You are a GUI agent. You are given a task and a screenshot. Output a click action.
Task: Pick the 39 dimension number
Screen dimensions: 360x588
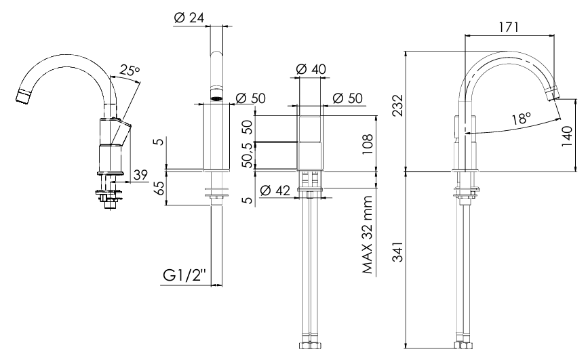[x=140, y=175]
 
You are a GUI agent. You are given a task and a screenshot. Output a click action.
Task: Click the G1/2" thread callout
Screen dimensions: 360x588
[x=184, y=276]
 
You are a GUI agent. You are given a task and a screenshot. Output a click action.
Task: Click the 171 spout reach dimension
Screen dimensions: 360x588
[x=508, y=27]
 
